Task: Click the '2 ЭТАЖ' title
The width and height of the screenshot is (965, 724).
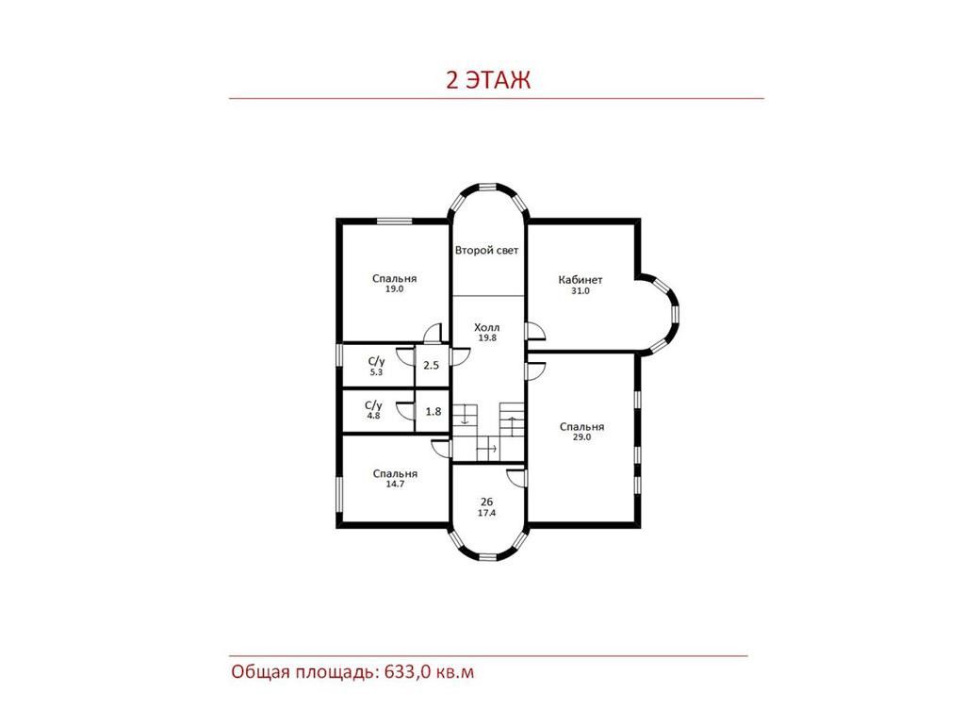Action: (487, 80)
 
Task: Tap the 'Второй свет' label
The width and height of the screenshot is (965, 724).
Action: (486, 251)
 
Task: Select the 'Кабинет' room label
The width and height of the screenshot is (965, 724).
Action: (581, 279)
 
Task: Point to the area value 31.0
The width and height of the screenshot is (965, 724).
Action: (581, 291)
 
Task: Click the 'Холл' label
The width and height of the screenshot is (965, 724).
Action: (487, 327)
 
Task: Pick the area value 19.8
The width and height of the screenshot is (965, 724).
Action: (487, 338)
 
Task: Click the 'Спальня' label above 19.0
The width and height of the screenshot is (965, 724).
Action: (395, 278)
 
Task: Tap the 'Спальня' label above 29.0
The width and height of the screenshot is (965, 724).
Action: (581, 427)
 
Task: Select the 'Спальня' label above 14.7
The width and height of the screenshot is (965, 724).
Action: (395, 473)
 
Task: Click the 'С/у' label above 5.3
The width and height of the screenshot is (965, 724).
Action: (376, 361)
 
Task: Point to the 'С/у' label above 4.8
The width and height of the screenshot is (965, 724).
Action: (373, 405)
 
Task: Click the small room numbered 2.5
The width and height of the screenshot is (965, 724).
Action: (432, 366)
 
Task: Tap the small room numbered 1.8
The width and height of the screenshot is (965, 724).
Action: (433, 412)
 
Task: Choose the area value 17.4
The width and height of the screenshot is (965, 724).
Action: (486, 513)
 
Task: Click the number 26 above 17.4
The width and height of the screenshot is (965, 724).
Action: (486, 502)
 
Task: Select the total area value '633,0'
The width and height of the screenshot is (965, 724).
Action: (407, 671)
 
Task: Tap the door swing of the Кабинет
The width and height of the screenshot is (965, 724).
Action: (536, 331)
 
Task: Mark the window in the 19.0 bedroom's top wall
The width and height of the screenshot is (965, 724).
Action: (395, 221)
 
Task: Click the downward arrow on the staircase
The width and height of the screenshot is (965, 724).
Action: (465, 415)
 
